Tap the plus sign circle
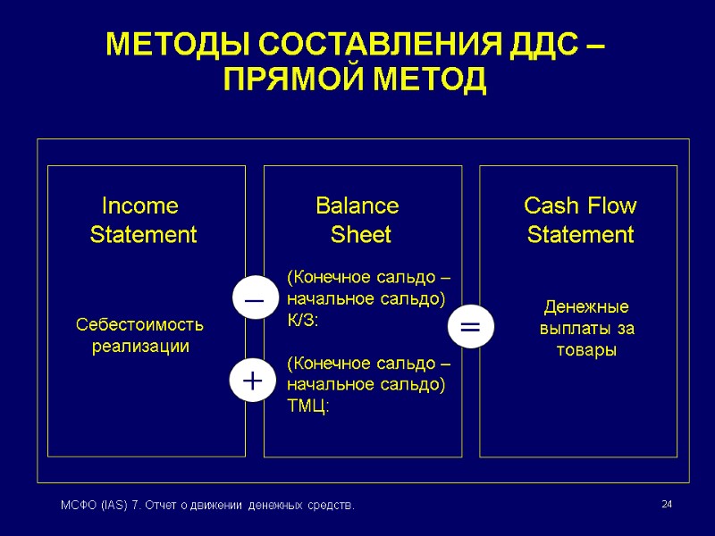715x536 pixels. [x=254, y=381]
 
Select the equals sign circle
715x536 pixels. [x=469, y=327]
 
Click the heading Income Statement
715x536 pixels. [x=142, y=221]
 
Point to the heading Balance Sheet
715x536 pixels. [x=359, y=221]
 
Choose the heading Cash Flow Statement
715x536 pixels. [x=580, y=221]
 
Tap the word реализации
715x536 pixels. [x=141, y=346]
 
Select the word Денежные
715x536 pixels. [x=587, y=307]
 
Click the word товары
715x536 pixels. [x=586, y=350]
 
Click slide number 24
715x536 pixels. [x=666, y=506]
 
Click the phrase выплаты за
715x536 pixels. [x=587, y=329]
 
